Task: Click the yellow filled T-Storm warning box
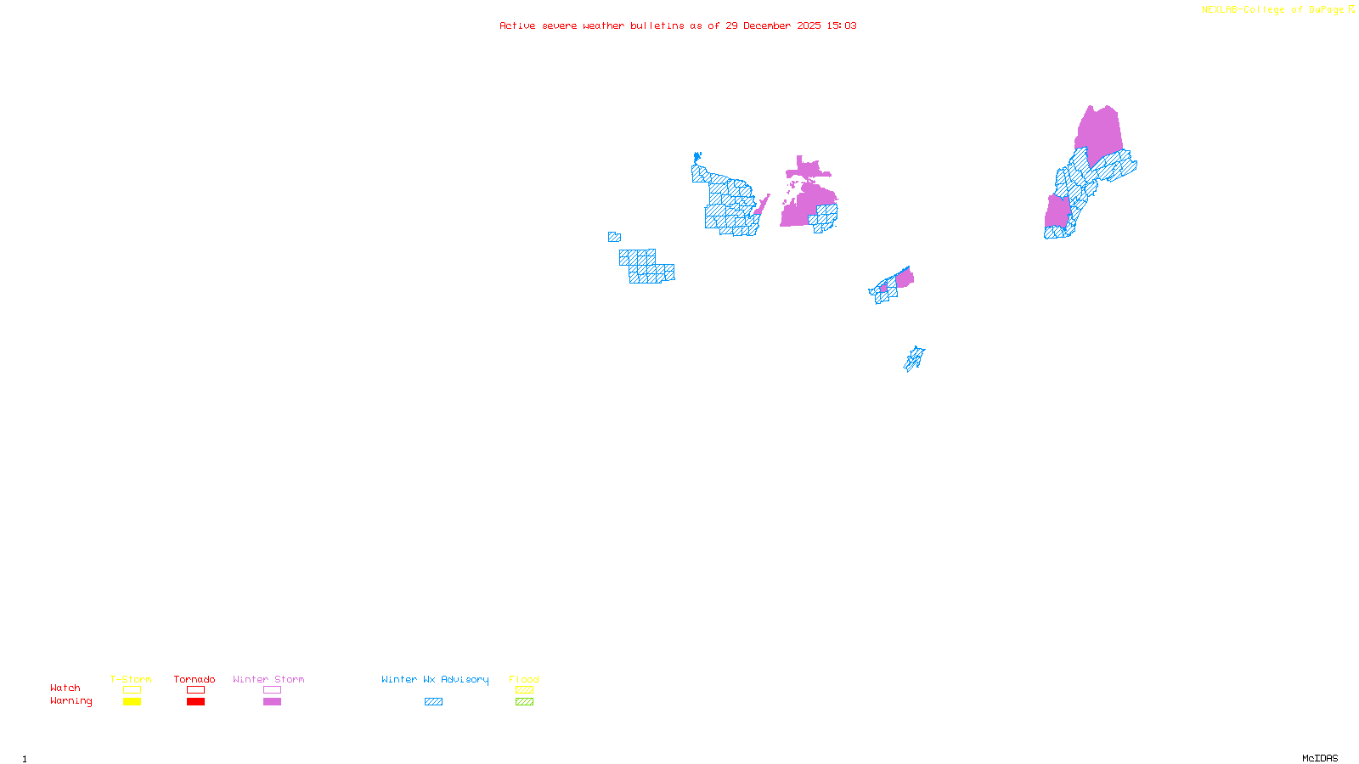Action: tap(132, 702)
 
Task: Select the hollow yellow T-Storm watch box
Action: tap(132, 690)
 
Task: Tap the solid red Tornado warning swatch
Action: tap(195, 702)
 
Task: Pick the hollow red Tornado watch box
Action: tap(195, 690)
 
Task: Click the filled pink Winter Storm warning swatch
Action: tap(272, 702)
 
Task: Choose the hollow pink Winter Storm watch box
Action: tap(272, 690)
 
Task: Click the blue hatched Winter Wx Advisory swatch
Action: tap(433, 702)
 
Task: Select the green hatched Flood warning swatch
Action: tap(524, 702)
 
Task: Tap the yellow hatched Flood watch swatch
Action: tap(524, 690)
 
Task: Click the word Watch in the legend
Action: tap(65, 688)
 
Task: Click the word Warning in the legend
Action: tap(71, 701)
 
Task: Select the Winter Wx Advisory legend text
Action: tap(435, 679)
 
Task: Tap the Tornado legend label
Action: tap(195, 679)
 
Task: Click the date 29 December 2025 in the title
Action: tap(773, 25)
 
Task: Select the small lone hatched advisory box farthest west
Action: tap(614, 238)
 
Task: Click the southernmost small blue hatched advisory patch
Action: tap(914, 359)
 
